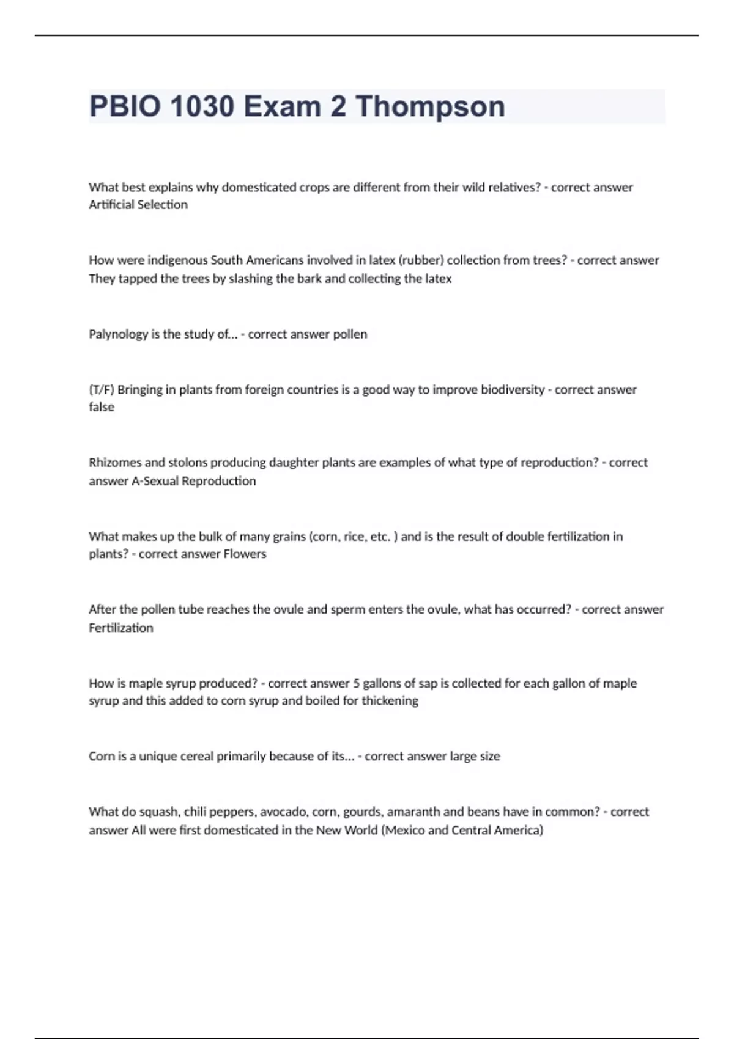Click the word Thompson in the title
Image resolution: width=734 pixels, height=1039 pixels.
click(430, 106)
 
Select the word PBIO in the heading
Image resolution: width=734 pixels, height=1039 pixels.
click(125, 106)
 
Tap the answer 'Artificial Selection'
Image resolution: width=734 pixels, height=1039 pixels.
click(138, 205)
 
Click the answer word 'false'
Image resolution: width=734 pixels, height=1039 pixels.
click(102, 407)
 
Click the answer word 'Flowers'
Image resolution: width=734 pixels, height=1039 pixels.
click(245, 554)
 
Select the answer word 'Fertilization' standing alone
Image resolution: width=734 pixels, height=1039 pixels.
click(121, 628)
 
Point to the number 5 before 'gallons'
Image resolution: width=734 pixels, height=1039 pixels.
click(357, 683)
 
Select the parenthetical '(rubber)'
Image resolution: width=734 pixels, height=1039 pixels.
click(421, 260)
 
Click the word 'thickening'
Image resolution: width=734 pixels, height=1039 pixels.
click(390, 701)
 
